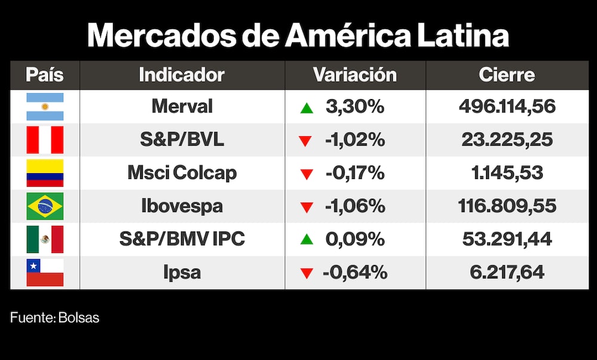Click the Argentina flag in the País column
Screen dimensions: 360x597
[45, 107]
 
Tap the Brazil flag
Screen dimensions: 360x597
[45, 207]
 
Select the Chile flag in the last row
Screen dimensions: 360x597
[45, 273]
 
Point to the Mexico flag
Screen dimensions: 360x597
[45, 239]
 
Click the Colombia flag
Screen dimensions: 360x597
[45, 173]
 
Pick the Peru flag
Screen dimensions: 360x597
[45, 140]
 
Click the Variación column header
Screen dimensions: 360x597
[355, 75]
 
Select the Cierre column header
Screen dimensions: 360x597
[507, 75]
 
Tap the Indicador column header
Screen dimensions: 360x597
[181, 75]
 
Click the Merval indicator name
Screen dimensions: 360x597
[182, 107]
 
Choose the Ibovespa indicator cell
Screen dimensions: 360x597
[182, 207]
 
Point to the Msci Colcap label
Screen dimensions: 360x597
[182, 173]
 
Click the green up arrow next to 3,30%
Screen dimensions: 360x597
[307, 108]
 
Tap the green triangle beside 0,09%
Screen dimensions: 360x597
[307, 240]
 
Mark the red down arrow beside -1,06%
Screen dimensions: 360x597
[307, 208]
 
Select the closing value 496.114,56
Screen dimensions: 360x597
[507, 107]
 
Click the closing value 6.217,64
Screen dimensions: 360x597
[507, 273]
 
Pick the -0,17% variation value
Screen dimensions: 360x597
[355, 173]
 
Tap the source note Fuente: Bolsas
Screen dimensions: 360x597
[55, 318]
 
